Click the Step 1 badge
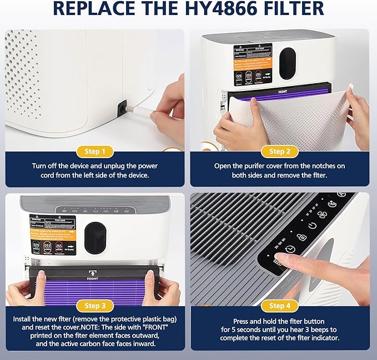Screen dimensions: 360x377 click(92, 151)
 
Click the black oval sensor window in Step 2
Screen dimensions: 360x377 click(288, 59)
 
